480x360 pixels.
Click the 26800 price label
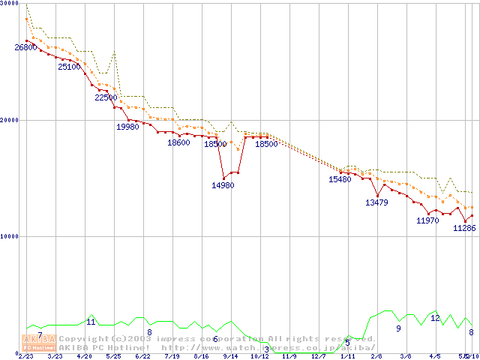pyautogui.click(x=25, y=47)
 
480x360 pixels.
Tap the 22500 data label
pyautogui.click(x=106, y=97)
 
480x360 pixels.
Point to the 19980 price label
pyautogui.click(x=127, y=127)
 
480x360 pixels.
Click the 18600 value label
pyautogui.click(x=178, y=142)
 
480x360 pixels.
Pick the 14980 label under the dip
pyautogui.click(x=223, y=185)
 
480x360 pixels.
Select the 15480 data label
pyautogui.click(x=340, y=179)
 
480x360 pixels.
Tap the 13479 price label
pyautogui.click(x=376, y=202)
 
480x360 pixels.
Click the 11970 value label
pyautogui.click(x=427, y=220)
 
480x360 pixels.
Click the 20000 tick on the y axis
pyautogui.click(x=10, y=120)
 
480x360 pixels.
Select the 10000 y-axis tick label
pyautogui.click(x=10, y=236)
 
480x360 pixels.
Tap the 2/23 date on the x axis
pyautogui.click(x=25, y=356)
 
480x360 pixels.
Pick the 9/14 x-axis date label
pyautogui.click(x=230, y=356)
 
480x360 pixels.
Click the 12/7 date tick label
pyautogui.click(x=318, y=356)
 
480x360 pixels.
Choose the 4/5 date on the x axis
pyautogui.click(x=435, y=356)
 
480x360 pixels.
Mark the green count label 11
pyautogui.click(x=91, y=322)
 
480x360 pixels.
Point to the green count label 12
pyautogui.click(x=435, y=318)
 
